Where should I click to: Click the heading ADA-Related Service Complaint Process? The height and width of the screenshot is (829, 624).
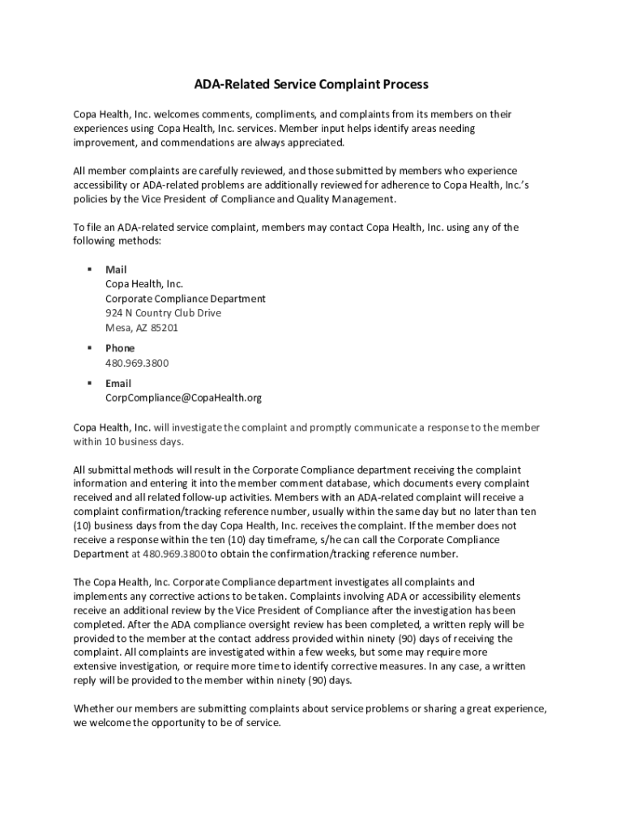pyautogui.click(x=310, y=84)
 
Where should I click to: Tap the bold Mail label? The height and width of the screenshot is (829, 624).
pyautogui.click(x=116, y=269)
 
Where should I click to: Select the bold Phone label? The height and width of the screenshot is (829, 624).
pyautogui.click(x=120, y=348)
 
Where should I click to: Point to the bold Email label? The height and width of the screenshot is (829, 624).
pyautogui.click(x=118, y=383)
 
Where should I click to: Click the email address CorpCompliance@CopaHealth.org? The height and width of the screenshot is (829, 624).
pyautogui.click(x=183, y=397)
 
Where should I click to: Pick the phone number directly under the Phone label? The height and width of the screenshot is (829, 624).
pyautogui.click(x=137, y=363)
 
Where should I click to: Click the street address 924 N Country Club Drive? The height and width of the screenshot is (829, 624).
pyautogui.click(x=163, y=312)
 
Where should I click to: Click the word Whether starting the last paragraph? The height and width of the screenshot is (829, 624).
pyautogui.click(x=94, y=708)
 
